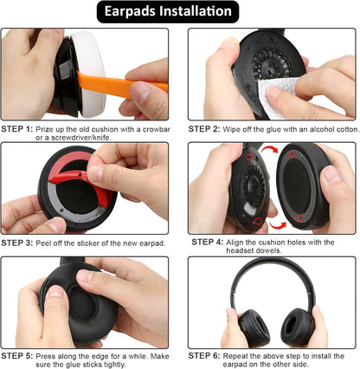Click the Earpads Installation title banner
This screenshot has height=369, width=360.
[x=179, y=12]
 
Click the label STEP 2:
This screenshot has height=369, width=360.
[x=206, y=128]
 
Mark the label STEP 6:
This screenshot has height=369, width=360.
[x=206, y=355]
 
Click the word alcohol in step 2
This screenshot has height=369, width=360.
[x=306, y=128]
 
